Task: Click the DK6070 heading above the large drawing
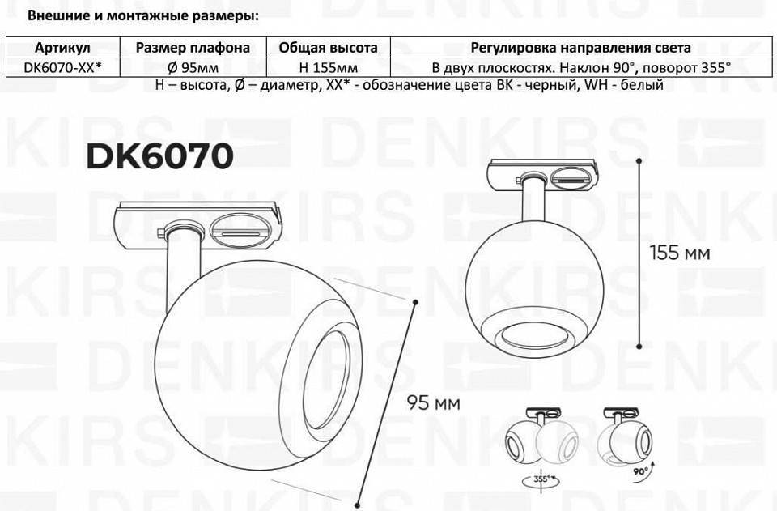159,157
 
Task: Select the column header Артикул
62,48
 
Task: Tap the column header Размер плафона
193,48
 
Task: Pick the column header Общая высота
329,48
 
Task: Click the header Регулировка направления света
581,48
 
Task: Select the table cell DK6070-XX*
62,67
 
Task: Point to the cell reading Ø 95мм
193,67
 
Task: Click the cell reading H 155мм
329,67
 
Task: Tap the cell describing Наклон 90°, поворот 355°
581,67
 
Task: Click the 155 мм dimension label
680,253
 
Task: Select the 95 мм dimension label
433,402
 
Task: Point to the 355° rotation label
542,479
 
